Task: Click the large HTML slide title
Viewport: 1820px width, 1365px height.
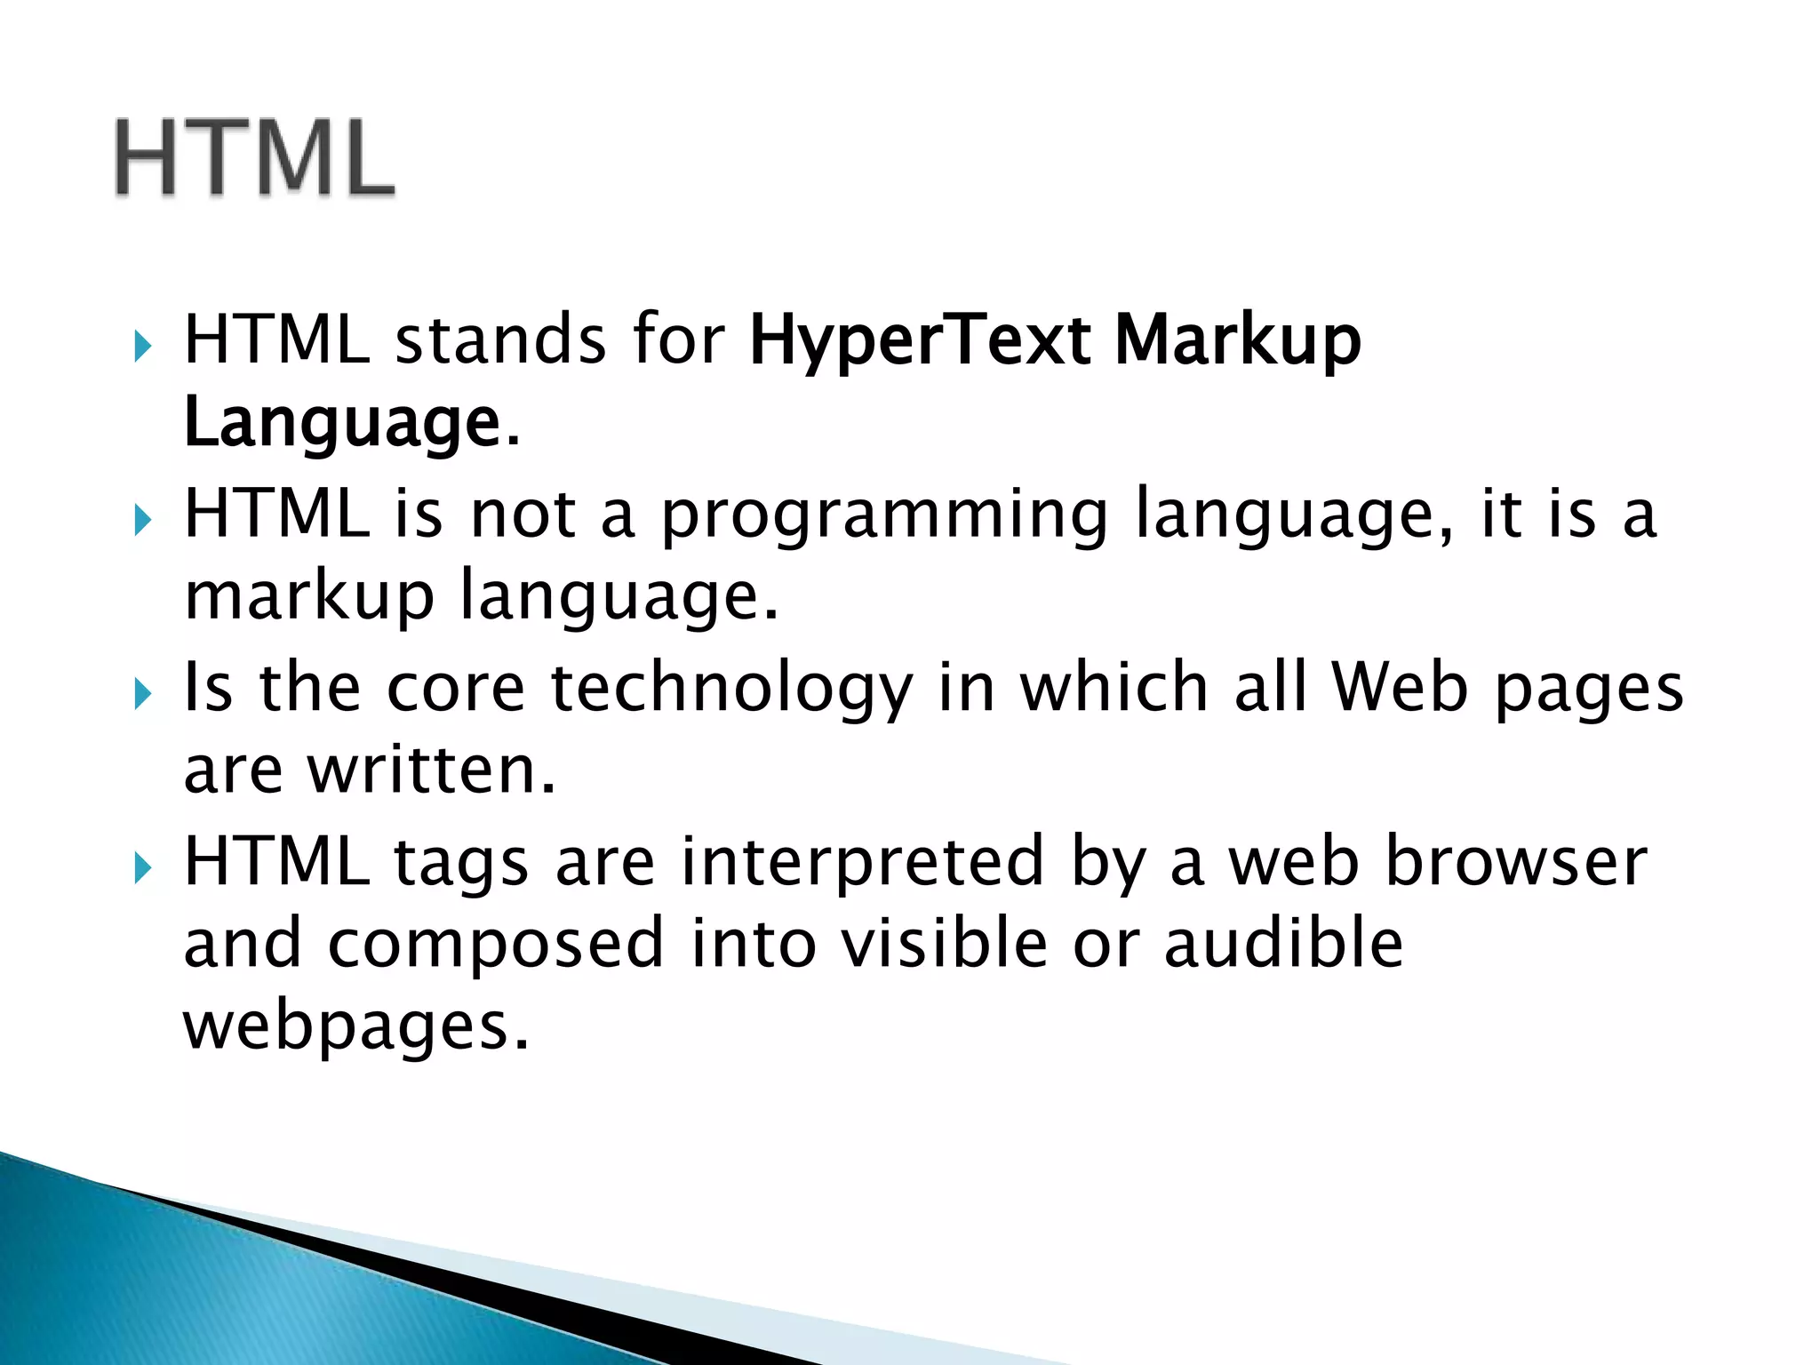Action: pos(254,158)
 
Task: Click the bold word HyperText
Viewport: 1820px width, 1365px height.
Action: pos(920,342)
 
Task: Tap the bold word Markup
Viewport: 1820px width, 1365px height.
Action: pos(1237,342)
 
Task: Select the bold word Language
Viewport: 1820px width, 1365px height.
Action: pos(342,425)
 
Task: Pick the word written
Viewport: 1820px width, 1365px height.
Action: pos(431,770)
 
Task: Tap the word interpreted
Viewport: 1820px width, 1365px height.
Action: pos(862,862)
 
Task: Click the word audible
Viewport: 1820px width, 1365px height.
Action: pos(1283,944)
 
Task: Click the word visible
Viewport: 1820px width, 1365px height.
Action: pos(944,944)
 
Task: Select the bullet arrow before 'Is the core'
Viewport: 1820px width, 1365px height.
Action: pos(142,691)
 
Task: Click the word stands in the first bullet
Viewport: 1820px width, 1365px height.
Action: pos(500,342)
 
